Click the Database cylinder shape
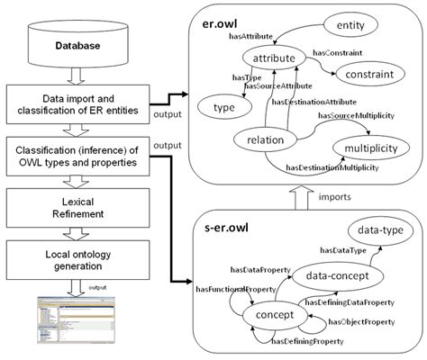pos(73,42)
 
